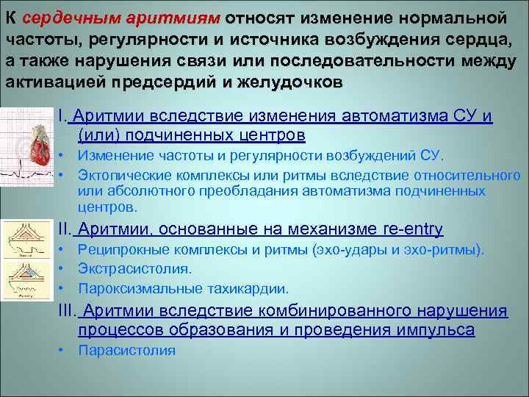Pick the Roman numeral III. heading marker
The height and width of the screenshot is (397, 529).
click(68, 312)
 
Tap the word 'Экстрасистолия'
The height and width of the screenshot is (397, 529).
click(125, 269)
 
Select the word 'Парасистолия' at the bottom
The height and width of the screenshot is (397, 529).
click(126, 350)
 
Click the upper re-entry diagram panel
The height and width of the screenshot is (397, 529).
click(26, 236)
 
